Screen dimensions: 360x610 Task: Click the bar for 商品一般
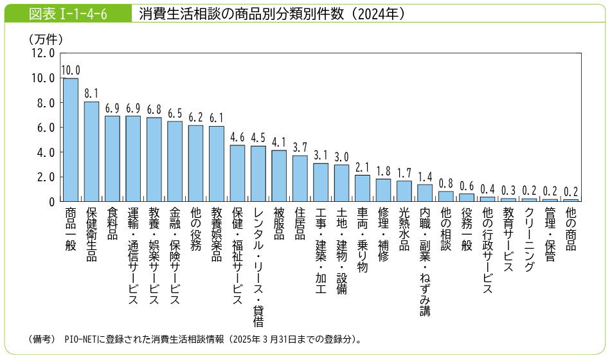(x=71, y=140)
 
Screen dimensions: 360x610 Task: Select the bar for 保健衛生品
(x=91, y=152)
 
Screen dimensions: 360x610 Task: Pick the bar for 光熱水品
(x=404, y=191)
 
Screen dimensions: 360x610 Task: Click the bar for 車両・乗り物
(x=363, y=188)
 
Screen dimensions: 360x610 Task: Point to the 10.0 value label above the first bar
(x=71, y=70)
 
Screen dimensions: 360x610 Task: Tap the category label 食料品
(x=112, y=223)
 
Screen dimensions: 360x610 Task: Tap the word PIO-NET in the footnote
(x=82, y=339)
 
